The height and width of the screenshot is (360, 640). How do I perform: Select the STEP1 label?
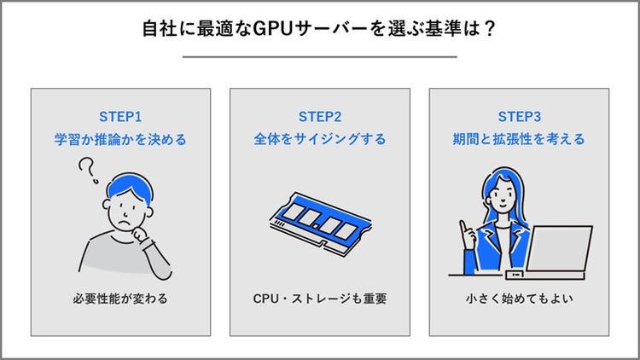tap(120, 116)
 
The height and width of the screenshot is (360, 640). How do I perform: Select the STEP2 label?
tap(320, 116)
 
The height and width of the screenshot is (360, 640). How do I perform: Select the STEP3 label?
tap(519, 116)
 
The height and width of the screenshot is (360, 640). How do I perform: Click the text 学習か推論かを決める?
tap(120, 138)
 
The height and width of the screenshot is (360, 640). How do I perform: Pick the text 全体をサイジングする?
tap(320, 138)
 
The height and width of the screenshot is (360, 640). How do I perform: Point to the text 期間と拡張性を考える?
tap(519, 138)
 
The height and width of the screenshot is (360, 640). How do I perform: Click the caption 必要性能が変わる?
tap(120, 299)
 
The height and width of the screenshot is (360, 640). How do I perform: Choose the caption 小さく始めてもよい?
tap(519, 299)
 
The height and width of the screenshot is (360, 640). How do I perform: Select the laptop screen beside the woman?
tap(559, 248)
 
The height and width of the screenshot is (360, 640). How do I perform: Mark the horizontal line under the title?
tap(320, 57)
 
